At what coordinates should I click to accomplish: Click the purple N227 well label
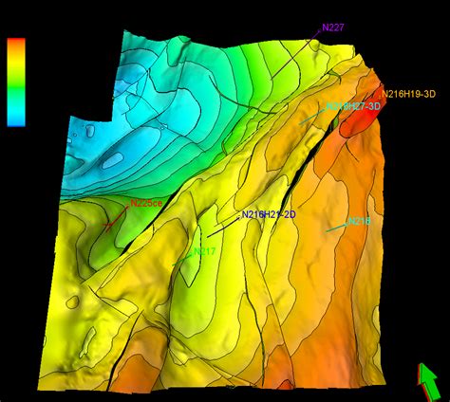click(x=333, y=27)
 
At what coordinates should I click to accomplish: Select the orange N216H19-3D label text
click(x=408, y=93)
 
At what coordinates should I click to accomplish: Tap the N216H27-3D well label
click(x=353, y=107)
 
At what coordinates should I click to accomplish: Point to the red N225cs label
click(x=146, y=203)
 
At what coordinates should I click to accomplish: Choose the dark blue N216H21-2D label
click(x=269, y=215)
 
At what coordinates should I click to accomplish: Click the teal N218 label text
click(x=359, y=221)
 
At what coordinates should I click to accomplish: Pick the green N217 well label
click(x=204, y=251)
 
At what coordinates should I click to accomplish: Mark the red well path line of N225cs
click(x=113, y=223)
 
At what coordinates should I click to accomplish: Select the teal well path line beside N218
click(x=335, y=228)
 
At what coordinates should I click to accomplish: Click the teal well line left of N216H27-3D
click(x=310, y=118)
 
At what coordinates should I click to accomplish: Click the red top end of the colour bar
click(x=15, y=44)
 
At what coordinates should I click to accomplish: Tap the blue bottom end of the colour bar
click(x=15, y=120)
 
